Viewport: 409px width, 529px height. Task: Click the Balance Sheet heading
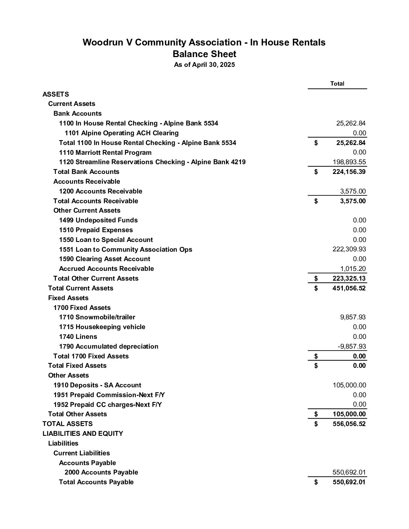[x=204, y=54]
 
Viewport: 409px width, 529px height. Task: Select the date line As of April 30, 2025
[x=204, y=65]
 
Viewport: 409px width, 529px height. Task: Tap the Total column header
[x=337, y=83]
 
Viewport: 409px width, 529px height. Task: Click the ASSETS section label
[x=56, y=94]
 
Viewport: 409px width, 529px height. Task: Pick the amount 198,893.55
[x=349, y=162]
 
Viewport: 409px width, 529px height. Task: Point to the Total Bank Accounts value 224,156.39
[x=349, y=172]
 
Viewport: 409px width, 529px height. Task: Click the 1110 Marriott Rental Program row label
[x=105, y=153]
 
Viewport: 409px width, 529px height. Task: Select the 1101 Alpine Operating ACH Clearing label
[x=121, y=133]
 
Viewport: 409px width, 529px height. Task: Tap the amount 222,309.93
[x=349, y=249]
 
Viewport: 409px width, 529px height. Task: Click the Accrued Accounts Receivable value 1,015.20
[x=353, y=269]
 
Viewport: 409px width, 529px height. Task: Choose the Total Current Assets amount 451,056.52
[x=349, y=288]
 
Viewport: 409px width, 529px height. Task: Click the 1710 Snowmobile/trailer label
[x=97, y=317]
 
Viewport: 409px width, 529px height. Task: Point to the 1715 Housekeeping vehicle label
[x=102, y=327]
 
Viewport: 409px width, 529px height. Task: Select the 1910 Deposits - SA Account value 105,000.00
[x=349, y=385]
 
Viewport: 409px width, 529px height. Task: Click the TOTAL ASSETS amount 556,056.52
[x=349, y=424]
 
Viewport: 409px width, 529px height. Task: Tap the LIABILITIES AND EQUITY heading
[x=83, y=434]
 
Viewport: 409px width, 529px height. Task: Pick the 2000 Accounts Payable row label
[x=101, y=472]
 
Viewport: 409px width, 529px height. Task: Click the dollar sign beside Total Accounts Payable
[x=316, y=482]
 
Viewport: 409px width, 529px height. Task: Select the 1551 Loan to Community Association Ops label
[x=126, y=249]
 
